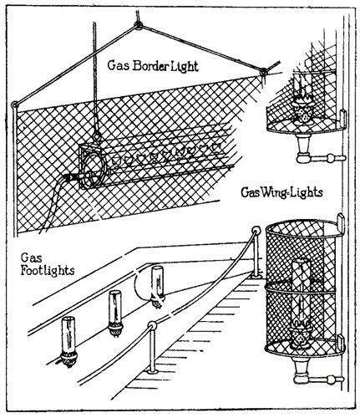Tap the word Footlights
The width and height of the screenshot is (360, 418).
tap(48, 271)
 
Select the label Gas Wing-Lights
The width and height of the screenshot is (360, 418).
tap(281, 192)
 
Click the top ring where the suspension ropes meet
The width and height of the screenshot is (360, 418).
tap(138, 26)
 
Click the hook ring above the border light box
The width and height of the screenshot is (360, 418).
tap(97, 137)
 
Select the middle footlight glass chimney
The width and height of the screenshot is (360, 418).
tap(115, 305)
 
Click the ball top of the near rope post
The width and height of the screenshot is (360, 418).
tap(152, 326)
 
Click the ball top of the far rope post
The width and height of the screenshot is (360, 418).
tap(256, 231)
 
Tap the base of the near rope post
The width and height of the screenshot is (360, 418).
tap(153, 371)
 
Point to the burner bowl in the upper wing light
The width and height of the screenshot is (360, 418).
tap(304, 111)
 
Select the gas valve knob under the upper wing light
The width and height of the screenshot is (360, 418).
tap(331, 158)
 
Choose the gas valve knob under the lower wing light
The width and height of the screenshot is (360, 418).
tap(331, 380)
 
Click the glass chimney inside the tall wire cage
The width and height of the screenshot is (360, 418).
tap(301, 291)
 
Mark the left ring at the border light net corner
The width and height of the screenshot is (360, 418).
tap(14, 105)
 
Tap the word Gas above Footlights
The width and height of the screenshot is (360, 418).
tap(32, 258)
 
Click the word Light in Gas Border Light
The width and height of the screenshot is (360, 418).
tap(185, 67)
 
